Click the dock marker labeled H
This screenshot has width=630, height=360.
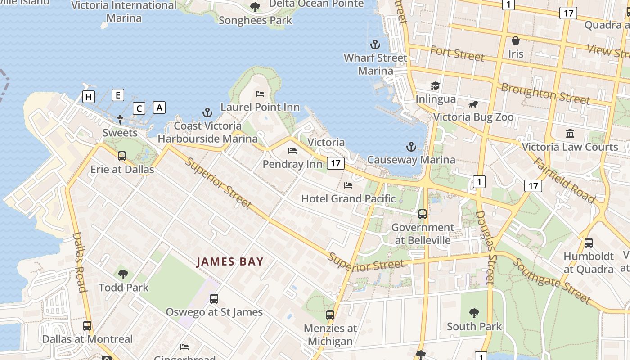pos(89,96)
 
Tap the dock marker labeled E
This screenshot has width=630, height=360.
pos(118,95)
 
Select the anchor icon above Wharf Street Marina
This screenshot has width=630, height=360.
pos(375,45)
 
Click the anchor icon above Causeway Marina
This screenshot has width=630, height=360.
pos(411,146)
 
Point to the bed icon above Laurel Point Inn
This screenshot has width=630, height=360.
pos(260,94)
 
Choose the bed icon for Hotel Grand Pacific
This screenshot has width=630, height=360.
pos(348,185)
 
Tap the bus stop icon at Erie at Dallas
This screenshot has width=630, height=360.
pos(122,156)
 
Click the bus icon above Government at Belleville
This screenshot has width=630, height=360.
pos(423,214)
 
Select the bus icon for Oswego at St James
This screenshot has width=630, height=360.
pos(214,299)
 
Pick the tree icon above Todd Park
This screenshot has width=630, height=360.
pos(123,274)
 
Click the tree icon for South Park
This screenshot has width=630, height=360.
pos(474,313)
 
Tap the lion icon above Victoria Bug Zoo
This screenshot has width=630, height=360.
pos(473,104)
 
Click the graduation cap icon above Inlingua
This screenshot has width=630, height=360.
pos(435,85)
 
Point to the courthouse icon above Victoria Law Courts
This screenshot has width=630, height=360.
pos(570,133)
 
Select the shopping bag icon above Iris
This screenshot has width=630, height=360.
pos(516,41)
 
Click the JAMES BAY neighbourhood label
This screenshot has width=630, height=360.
pos(230,261)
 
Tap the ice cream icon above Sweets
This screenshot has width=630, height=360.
pos(120,119)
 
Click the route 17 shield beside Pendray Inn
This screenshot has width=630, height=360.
pos(336,163)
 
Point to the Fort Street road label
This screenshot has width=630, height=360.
pos(457,54)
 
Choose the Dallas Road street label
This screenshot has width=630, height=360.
pos(79,262)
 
